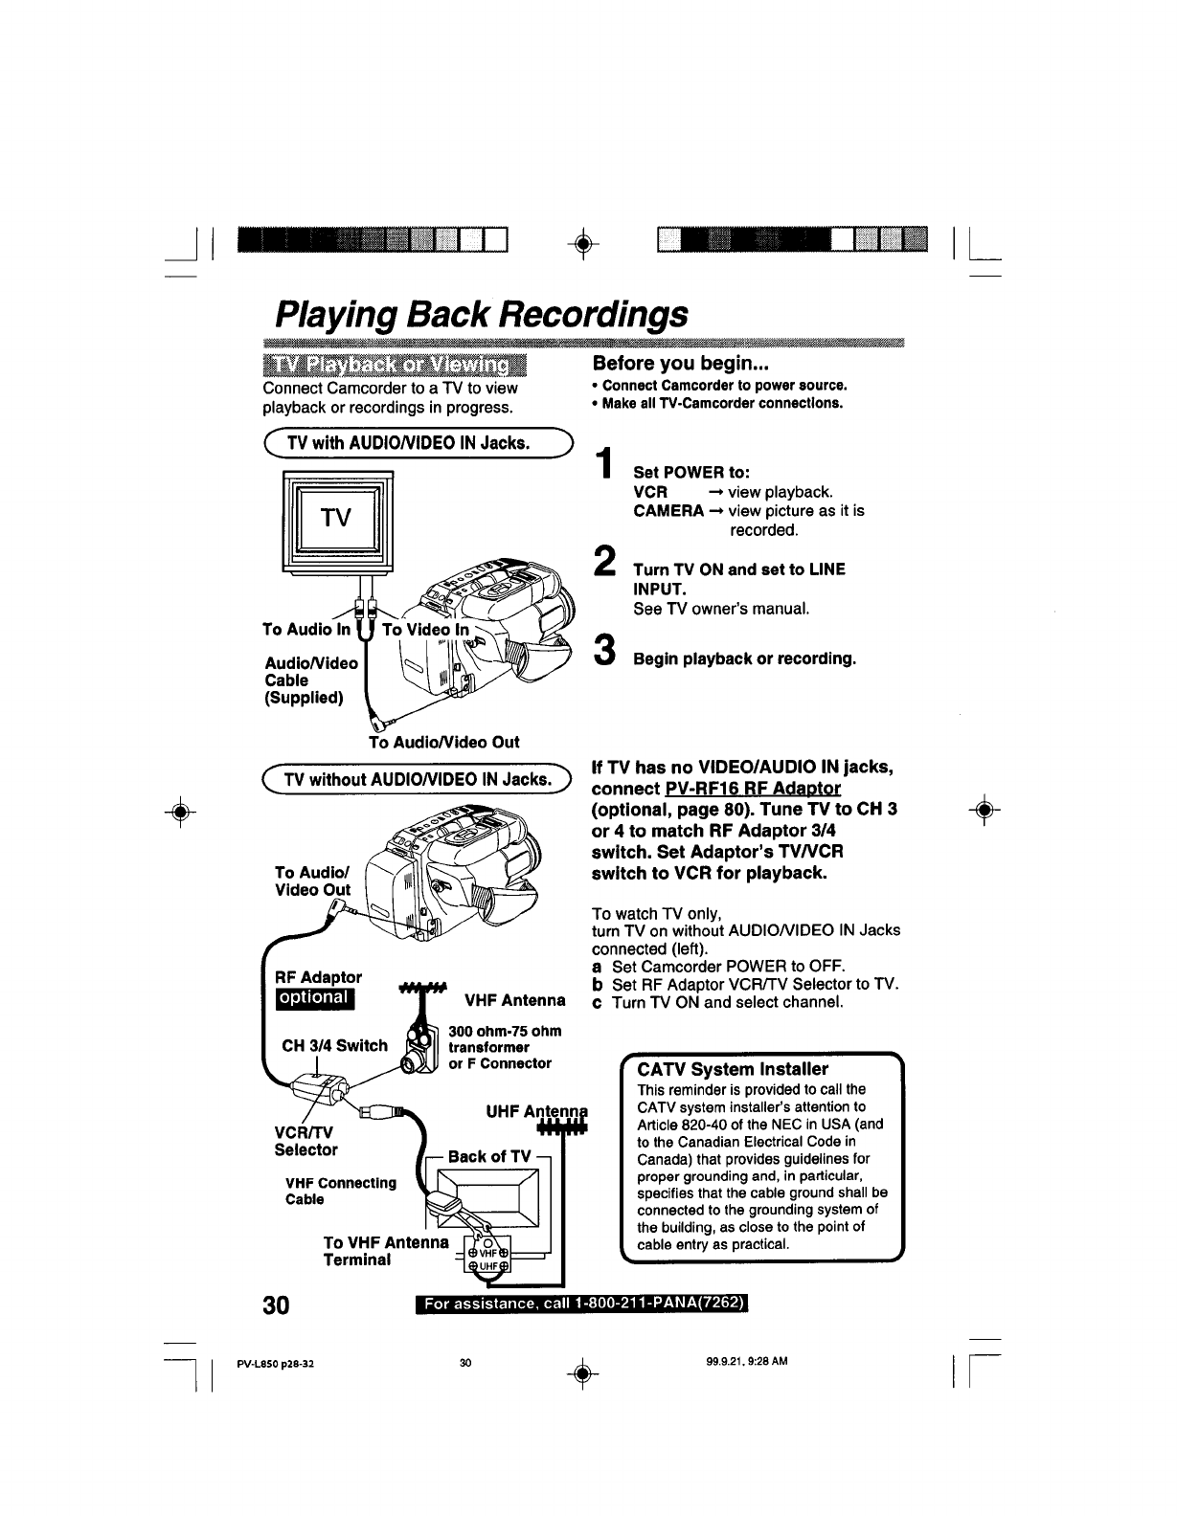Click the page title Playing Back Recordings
(x=481, y=315)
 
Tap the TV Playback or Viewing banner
(x=395, y=366)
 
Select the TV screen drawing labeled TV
(x=336, y=521)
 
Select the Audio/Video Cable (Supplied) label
(x=311, y=680)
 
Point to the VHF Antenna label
(x=514, y=1001)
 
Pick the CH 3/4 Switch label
(x=335, y=1045)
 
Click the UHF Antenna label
(x=536, y=1113)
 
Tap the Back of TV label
(x=488, y=1156)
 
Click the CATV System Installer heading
(x=733, y=1068)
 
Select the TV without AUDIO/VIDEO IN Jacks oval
(x=417, y=781)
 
